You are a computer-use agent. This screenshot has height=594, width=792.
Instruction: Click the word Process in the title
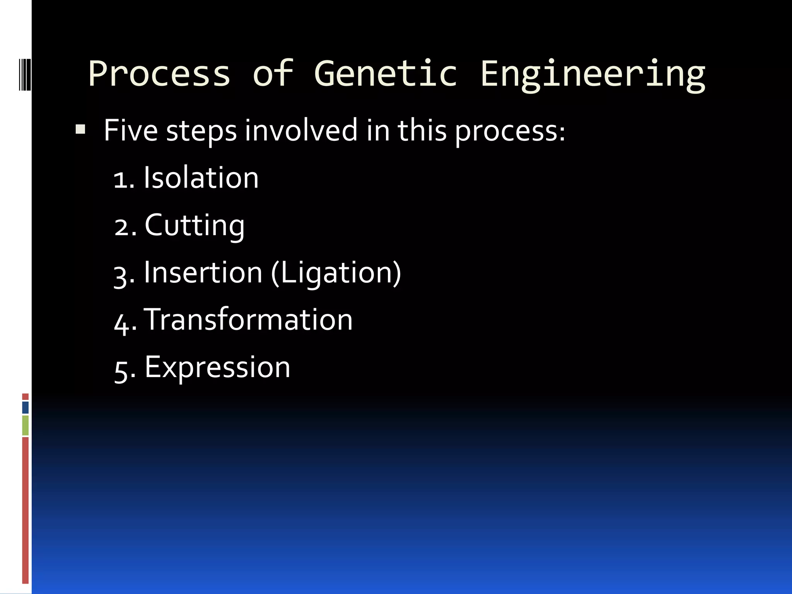pyautogui.click(x=159, y=73)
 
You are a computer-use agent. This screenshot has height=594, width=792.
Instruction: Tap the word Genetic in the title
pyautogui.click(x=386, y=73)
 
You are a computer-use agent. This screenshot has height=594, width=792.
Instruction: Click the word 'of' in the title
pyautogui.click(x=273, y=73)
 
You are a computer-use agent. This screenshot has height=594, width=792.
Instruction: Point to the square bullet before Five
pyautogui.click(x=80, y=129)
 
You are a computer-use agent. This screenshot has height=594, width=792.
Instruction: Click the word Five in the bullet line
pyautogui.click(x=131, y=130)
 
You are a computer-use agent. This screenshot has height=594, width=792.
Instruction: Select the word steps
pyautogui.click(x=201, y=131)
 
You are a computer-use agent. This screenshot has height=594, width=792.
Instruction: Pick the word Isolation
pyautogui.click(x=201, y=178)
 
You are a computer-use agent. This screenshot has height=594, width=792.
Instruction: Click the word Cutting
pyautogui.click(x=195, y=225)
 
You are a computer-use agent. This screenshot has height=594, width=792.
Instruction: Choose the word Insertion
pyautogui.click(x=203, y=273)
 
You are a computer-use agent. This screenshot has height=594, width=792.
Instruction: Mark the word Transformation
pyautogui.click(x=248, y=320)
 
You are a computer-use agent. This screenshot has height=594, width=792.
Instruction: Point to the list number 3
pyautogui.click(x=121, y=275)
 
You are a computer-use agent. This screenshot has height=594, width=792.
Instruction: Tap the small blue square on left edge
pyautogui.click(x=26, y=408)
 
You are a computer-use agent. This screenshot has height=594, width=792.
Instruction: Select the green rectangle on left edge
pyautogui.click(x=26, y=425)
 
